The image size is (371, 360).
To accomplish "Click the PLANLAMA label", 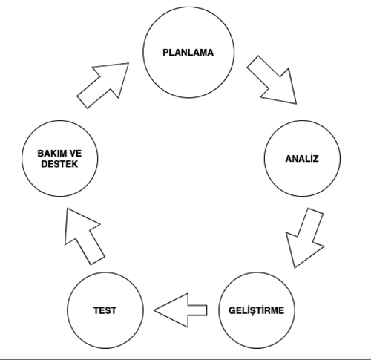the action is tap(188, 53).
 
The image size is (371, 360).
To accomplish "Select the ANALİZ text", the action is tap(302, 158).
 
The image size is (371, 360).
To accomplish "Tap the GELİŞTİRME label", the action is tap(257, 310).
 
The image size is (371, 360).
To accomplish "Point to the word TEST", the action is tap(105, 310).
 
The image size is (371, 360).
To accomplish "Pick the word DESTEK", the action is tap(59, 164).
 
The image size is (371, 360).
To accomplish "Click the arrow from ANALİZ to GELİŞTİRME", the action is tap(306, 238).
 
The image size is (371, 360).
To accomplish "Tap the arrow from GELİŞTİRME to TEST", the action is tap(180, 310).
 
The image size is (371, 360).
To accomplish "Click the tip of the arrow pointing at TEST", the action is tap(154, 310).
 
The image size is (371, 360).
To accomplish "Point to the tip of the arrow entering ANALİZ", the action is tap(297, 104).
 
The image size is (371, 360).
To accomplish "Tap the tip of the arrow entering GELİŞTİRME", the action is tap(295, 268).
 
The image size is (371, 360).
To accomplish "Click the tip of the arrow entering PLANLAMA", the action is tap(129, 63).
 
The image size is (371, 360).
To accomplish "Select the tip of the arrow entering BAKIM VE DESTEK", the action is tap(68, 209).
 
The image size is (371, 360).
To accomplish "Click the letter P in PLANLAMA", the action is tap(165, 53).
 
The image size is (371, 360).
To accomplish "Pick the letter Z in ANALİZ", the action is tap(315, 159).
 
